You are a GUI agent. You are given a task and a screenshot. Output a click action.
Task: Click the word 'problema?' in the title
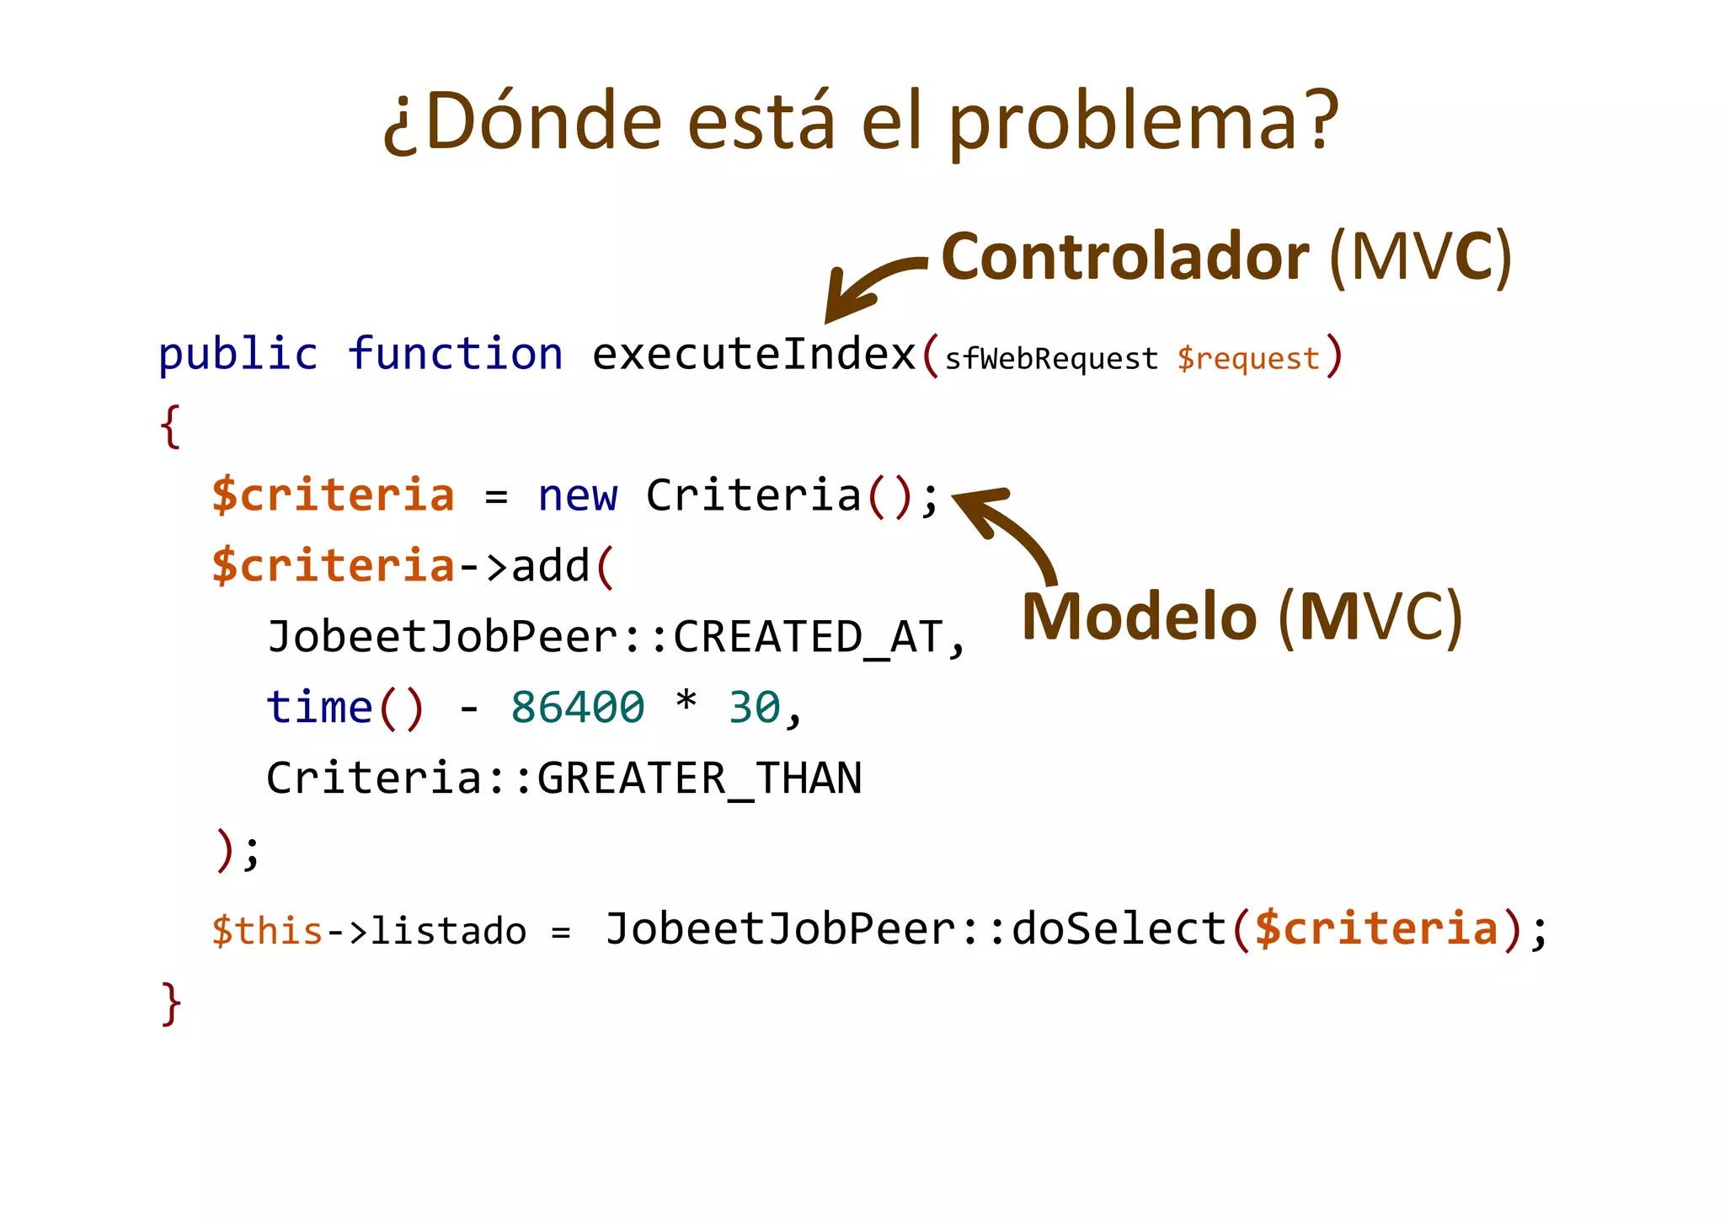tap(1144, 123)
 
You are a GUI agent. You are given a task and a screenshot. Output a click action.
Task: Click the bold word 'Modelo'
tap(1139, 617)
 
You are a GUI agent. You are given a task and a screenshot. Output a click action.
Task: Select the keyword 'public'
tap(238, 354)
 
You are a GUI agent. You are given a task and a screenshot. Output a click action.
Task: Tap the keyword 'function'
tap(455, 354)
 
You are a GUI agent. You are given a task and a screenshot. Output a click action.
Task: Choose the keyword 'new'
tap(578, 495)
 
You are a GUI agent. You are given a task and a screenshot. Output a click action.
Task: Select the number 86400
tap(578, 708)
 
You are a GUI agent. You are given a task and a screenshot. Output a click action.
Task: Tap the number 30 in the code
tap(754, 708)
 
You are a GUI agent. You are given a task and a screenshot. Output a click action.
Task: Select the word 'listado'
tap(448, 931)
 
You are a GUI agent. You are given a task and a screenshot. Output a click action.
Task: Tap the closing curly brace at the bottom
tap(171, 1003)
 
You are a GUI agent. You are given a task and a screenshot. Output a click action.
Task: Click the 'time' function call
tap(319, 708)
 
